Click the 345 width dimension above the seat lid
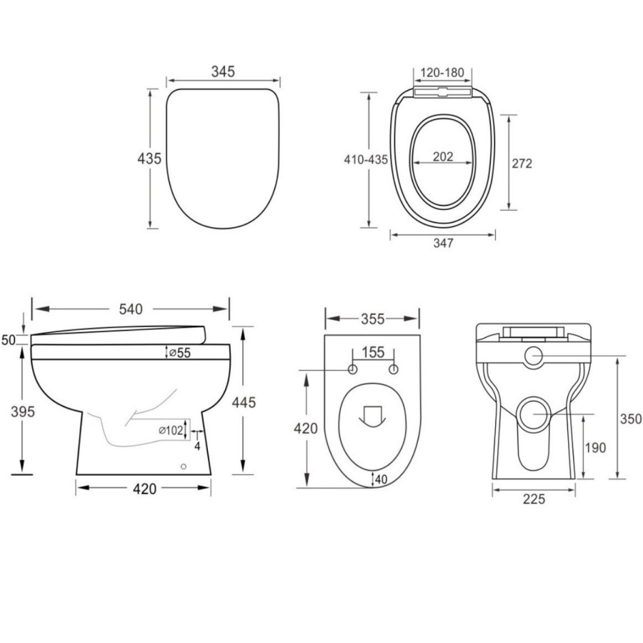click(x=223, y=71)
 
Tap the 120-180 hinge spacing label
click(x=443, y=72)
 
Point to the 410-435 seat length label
click(x=365, y=159)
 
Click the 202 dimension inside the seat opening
click(x=443, y=157)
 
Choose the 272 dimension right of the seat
click(x=522, y=163)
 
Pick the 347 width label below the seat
click(x=443, y=243)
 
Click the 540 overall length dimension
click(x=131, y=309)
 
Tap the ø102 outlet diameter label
click(x=169, y=430)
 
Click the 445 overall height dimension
click(x=244, y=402)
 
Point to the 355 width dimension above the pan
click(x=372, y=318)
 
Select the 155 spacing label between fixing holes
click(x=372, y=352)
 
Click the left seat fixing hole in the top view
click(x=352, y=369)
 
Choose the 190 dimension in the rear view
click(x=594, y=448)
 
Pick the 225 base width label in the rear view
click(x=533, y=499)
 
